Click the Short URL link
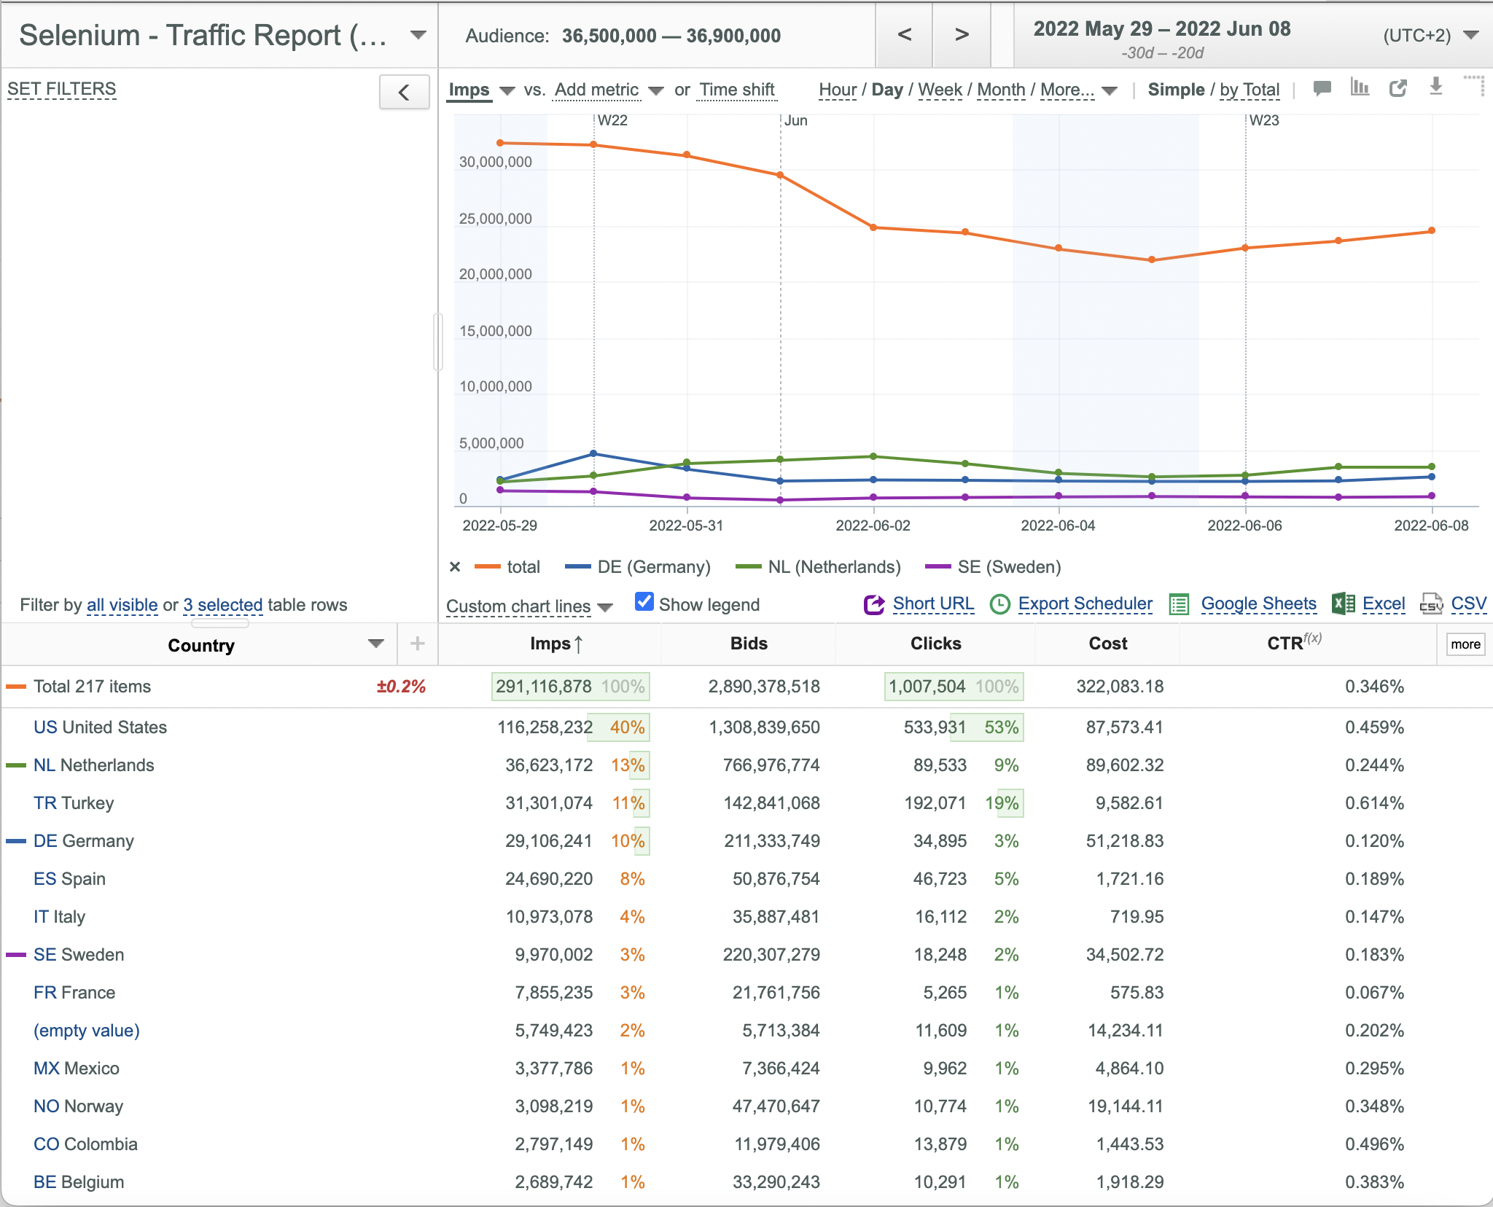point(933,603)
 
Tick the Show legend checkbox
point(644,602)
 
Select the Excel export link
point(1383,603)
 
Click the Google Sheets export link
point(1258,603)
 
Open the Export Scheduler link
point(1085,603)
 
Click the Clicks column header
point(935,644)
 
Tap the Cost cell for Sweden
point(1125,955)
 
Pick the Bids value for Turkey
point(771,803)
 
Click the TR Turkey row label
point(74,803)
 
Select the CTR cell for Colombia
point(1374,1144)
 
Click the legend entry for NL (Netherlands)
point(834,567)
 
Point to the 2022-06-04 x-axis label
point(1058,526)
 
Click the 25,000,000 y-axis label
point(496,219)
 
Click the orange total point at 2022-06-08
point(1432,230)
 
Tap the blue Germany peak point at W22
point(593,453)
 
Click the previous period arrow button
point(904,34)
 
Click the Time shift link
point(737,90)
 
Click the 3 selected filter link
point(222,605)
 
